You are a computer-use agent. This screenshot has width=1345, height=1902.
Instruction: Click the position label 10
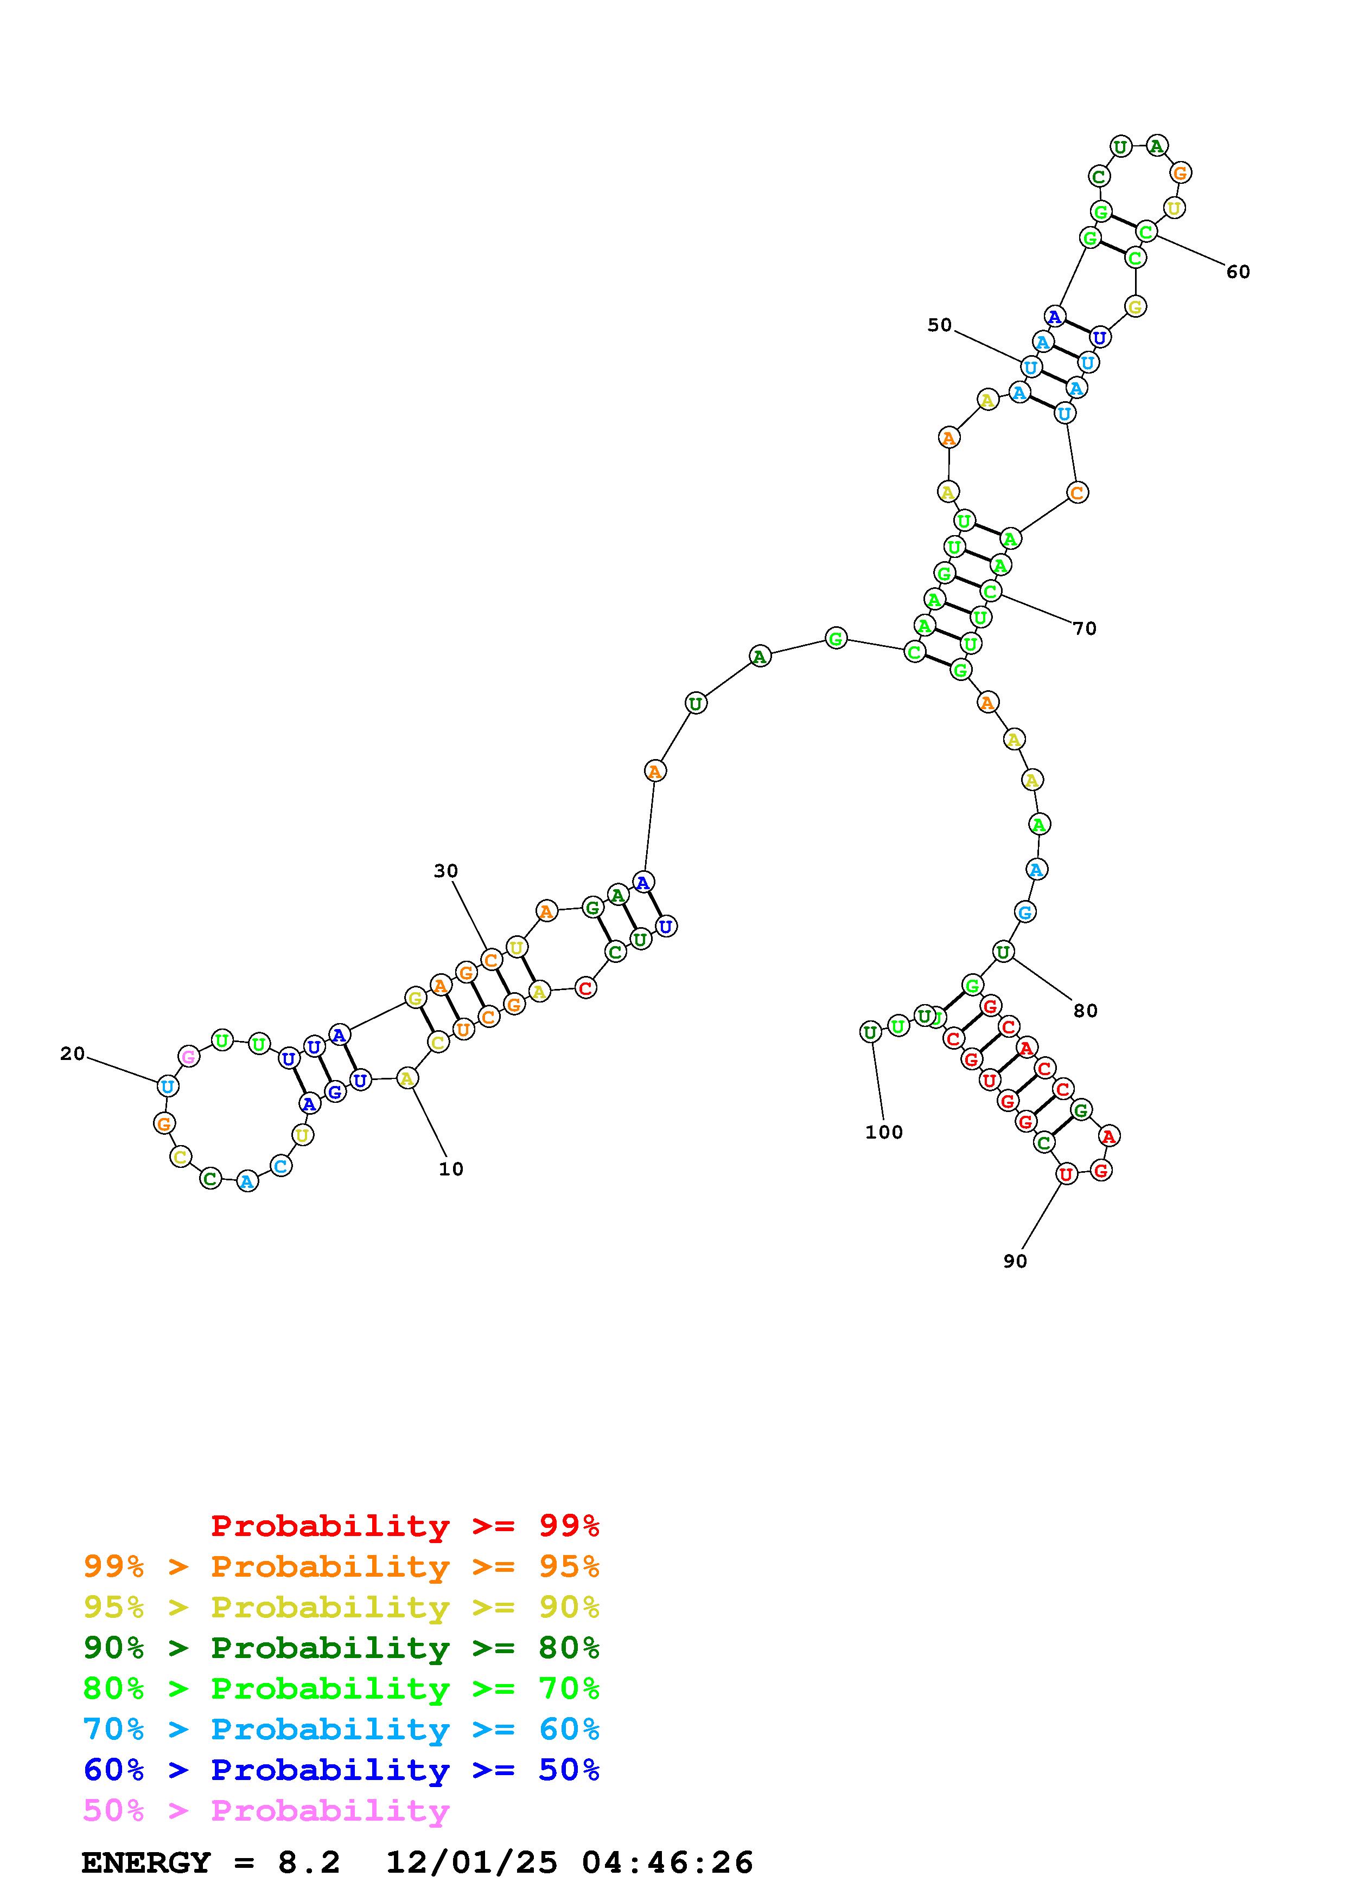(451, 1169)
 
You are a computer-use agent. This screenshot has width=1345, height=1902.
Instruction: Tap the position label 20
(72, 1053)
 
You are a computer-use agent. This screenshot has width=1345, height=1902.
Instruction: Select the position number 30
(446, 871)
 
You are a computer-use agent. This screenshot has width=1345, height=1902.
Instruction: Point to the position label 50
(939, 325)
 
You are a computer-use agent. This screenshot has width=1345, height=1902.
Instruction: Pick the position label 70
(1084, 629)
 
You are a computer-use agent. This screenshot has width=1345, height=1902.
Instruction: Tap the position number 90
(1015, 1261)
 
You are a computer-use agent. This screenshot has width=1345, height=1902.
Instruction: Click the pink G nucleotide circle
(189, 1056)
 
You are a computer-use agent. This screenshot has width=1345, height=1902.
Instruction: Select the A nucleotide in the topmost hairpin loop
(1156, 146)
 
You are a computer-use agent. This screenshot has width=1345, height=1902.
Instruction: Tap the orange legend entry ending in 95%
(341, 1566)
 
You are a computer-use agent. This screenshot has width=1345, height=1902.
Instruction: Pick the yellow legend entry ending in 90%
(341, 1607)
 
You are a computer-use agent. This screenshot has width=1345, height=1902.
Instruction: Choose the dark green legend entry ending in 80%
(341, 1648)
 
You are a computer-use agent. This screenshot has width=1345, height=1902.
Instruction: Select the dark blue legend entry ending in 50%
(341, 1770)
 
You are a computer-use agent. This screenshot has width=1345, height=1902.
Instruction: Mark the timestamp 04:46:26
(667, 1863)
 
